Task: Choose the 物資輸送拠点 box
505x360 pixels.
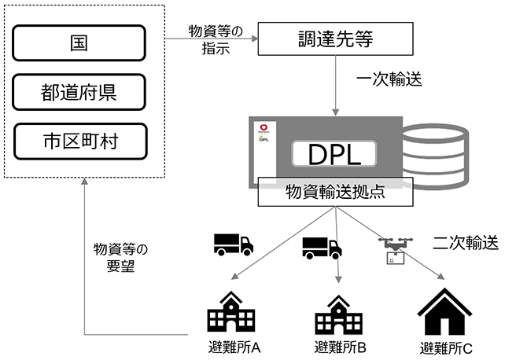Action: [x=336, y=191]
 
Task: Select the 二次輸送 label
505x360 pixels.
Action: [x=466, y=242]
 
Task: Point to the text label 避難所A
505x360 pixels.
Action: [x=234, y=347]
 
